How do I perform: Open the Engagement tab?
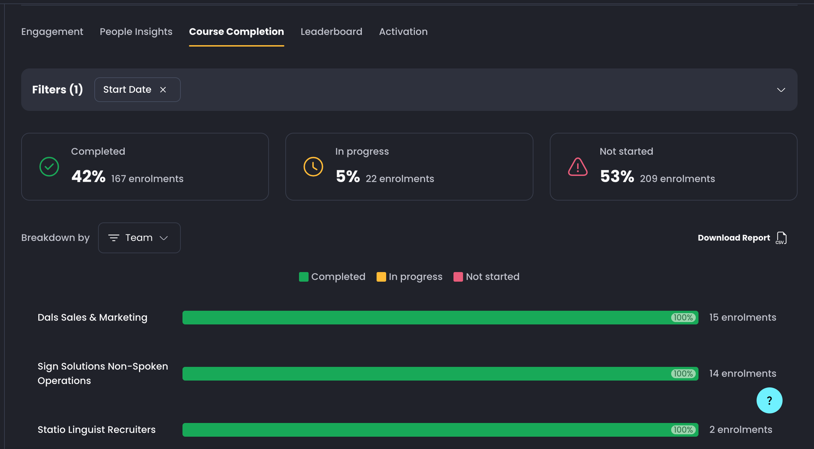(x=52, y=31)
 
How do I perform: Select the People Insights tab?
(x=136, y=31)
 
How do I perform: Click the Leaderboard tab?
(x=331, y=31)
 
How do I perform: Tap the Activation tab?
(x=403, y=31)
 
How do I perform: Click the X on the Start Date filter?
(x=163, y=90)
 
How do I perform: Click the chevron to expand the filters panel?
(x=781, y=90)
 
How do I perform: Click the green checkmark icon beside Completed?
(x=49, y=167)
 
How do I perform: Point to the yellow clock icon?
(x=313, y=167)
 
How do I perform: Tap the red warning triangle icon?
(x=578, y=167)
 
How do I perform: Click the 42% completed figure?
(x=89, y=177)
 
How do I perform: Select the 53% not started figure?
(x=617, y=177)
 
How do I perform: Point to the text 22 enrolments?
(x=400, y=179)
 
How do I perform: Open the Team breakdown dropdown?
(x=139, y=238)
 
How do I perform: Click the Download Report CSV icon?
(x=781, y=238)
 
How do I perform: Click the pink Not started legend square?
(x=458, y=277)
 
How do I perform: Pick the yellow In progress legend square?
(x=381, y=277)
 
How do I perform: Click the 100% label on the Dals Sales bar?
(x=683, y=318)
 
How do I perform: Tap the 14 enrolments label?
(x=743, y=373)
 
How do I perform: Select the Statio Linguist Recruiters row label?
(x=96, y=429)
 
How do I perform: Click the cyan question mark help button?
(x=769, y=400)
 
